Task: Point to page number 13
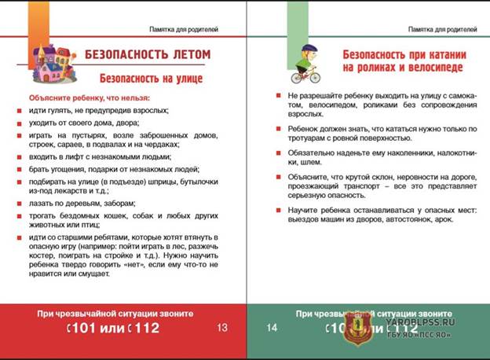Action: click(x=222, y=327)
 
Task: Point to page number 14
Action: click(x=270, y=327)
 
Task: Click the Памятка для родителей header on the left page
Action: click(x=184, y=29)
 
